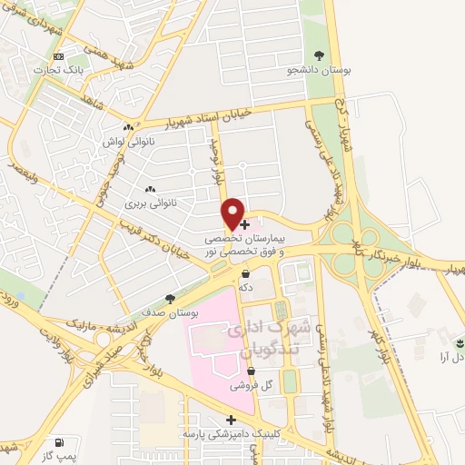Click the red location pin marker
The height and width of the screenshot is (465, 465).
[x=233, y=213]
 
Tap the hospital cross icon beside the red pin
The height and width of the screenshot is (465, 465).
[x=245, y=223]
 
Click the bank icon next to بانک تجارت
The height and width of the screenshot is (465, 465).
[x=60, y=57]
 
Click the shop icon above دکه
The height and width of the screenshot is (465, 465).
[x=245, y=273]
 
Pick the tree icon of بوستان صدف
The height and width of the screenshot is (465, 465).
[x=170, y=298]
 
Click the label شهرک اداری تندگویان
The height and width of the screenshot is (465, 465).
[x=272, y=334]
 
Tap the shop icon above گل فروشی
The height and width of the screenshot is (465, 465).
[x=252, y=371]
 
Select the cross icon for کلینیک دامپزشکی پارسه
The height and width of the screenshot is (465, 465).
[x=232, y=420]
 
